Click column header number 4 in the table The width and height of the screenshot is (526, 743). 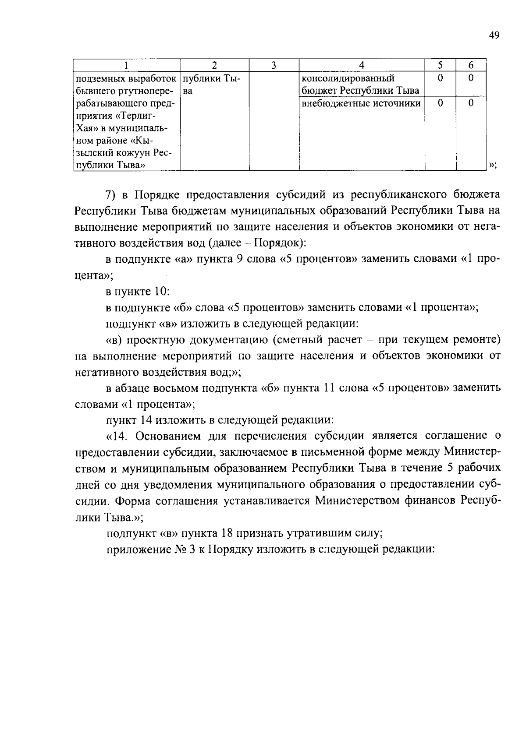(x=362, y=65)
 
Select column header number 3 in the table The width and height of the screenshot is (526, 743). (x=274, y=65)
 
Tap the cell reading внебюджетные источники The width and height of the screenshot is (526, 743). (x=361, y=103)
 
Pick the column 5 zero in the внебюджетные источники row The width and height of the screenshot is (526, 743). (x=440, y=103)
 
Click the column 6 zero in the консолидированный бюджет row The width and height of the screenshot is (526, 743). (x=471, y=78)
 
